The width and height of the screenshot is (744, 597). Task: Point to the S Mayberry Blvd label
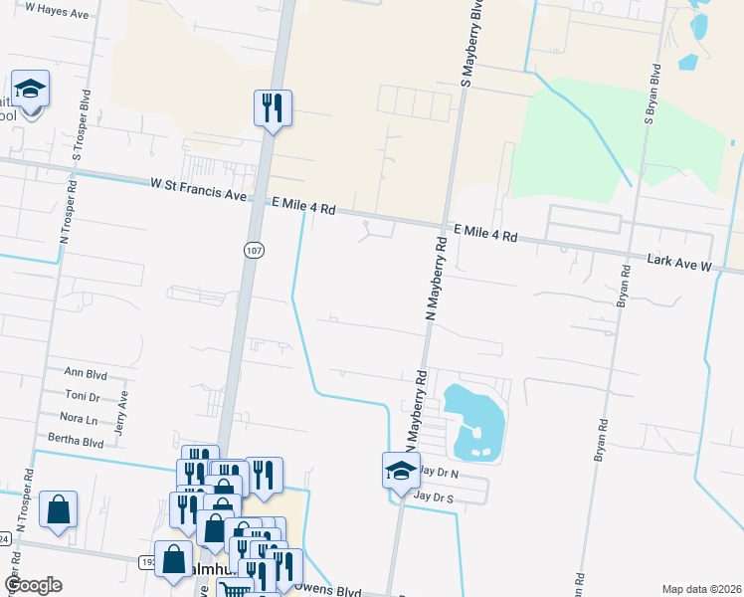pyautogui.click(x=463, y=42)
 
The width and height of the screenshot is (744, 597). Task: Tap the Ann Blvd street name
pyautogui.click(x=86, y=374)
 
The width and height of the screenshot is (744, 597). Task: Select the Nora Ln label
pyautogui.click(x=79, y=418)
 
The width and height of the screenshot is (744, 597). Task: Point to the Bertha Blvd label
pyautogui.click(x=76, y=441)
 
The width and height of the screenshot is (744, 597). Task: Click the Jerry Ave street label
pyautogui.click(x=123, y=414)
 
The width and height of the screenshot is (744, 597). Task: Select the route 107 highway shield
pyautogui.click(x=255, y=251)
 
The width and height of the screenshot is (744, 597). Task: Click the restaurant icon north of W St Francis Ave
pyautogui.click(x=273, y=106)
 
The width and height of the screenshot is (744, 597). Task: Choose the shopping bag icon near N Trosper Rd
pyautogui.click(x=59, y=510)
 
